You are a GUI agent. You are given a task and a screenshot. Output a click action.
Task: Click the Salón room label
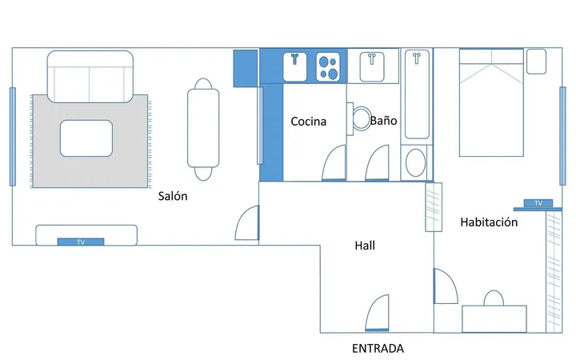point(173,196)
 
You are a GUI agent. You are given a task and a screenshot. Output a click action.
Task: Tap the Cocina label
point(308,122)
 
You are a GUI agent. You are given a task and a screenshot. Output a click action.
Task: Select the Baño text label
point(383,121)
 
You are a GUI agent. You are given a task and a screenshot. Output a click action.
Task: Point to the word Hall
point(365,246)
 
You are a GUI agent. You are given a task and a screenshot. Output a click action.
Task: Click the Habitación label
point(489,222)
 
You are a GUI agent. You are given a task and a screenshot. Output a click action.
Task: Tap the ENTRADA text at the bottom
point(378,348)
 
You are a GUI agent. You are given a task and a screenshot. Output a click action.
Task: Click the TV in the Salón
point(81,242)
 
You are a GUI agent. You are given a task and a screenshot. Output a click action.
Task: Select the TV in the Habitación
point(538,203)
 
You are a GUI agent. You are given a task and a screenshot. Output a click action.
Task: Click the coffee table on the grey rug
point(86,138)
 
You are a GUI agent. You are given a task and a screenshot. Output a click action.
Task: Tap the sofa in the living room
point(90,77)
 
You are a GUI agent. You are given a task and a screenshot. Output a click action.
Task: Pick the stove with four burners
point(328,67)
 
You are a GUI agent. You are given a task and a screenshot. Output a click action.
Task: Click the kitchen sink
point(294,67)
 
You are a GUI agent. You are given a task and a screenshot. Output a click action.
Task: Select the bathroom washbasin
point(372,67)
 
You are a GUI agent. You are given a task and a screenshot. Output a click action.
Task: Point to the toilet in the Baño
point(359,118)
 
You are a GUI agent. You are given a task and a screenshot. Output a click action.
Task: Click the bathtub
point(417,94)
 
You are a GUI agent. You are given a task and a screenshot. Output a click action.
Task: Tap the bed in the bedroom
point(491,103)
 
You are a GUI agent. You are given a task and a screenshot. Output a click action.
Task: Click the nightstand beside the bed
point(536,62)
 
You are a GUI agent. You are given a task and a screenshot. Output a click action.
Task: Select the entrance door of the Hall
point(377,314)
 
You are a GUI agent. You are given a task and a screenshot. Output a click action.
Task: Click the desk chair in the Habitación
point(494,298)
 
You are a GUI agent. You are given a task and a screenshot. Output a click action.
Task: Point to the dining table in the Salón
point(203,128)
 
